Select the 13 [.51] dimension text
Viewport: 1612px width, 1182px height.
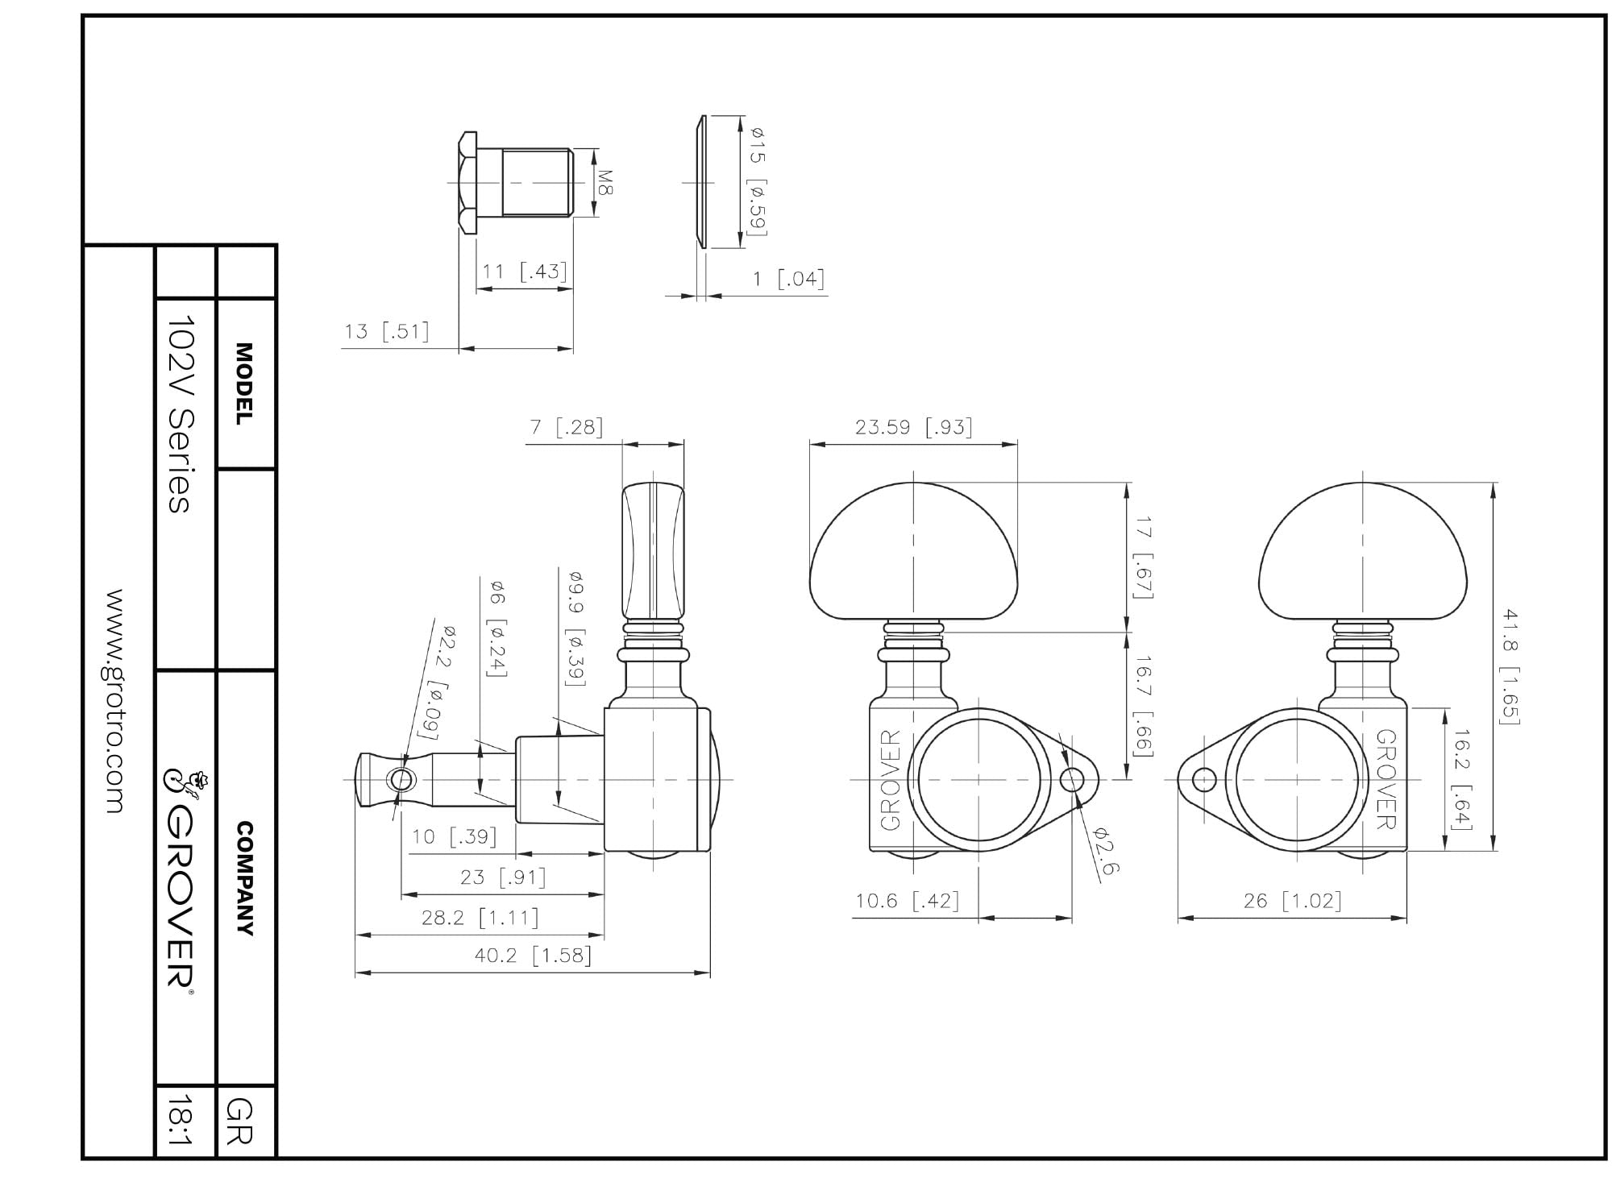point(387,331)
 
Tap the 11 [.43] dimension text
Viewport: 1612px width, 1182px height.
point(524,272)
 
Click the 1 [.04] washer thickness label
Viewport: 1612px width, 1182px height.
point(788,280)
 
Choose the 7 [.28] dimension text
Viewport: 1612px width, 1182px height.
point(566,427)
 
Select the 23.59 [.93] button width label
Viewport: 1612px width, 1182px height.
point(913,427)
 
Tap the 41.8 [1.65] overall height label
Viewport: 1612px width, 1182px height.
point(1509,666)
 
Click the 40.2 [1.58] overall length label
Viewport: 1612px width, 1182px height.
point(533,956)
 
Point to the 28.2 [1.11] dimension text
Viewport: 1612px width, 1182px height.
point(480,917)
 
